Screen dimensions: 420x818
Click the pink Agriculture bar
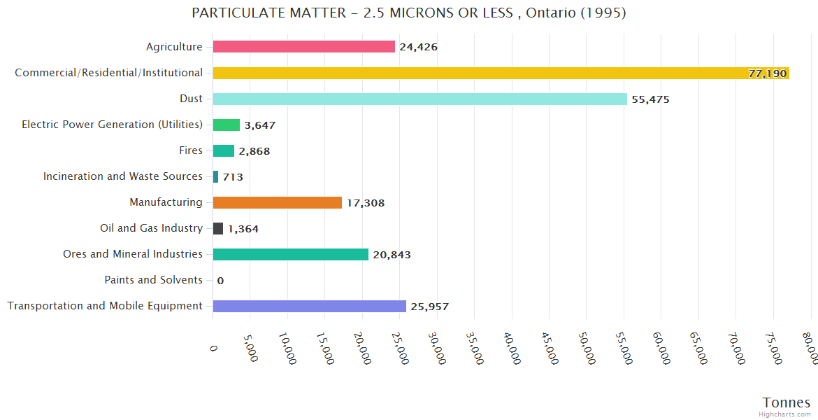[x=303, y=47]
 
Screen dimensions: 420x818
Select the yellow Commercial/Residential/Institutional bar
[x=501, y=73]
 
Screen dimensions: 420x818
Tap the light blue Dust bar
[x=419, y=99]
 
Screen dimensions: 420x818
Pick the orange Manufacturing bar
[x=277, y=202]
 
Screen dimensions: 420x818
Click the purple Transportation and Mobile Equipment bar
[x=309, y=306]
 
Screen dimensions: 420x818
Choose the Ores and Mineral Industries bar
[x=290, y=254]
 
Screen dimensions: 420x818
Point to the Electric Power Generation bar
[x=226, y=125]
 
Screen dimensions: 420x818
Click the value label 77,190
[x=767, y=73]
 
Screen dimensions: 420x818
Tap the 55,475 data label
[x=650, y=99]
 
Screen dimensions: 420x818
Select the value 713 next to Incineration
[x=233, y=177]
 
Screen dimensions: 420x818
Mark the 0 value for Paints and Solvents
[x=220, y=281]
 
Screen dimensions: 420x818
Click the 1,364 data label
[x=243, y=229]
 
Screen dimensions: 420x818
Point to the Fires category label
[x=191, y=150]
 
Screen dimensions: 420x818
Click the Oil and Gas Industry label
[x=152, y=228]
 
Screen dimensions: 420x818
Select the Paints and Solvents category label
[x=154, y=280]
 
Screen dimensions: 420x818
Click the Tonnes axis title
[x=787, y=402]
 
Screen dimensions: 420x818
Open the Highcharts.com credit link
[x=785, y=414]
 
